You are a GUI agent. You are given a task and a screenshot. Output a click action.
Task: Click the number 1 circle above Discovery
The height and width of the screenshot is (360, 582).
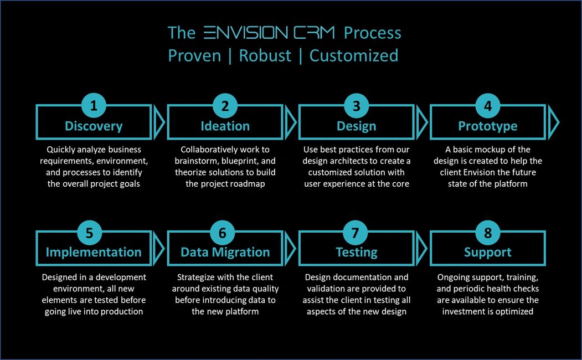[94, 105]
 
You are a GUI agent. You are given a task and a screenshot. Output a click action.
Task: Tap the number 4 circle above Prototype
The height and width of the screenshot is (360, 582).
[488, 106]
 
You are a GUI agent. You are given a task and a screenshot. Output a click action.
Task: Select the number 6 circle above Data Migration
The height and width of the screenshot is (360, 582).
[222, 233]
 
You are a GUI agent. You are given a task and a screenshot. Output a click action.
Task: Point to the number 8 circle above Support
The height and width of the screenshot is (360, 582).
[488, 233]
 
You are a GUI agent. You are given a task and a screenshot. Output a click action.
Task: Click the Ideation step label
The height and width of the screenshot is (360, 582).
[225, 126]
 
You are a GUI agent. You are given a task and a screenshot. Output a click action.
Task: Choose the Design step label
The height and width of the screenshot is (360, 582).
[356, 126]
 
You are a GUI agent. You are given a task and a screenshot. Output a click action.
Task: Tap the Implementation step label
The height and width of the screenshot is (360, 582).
[94, 253]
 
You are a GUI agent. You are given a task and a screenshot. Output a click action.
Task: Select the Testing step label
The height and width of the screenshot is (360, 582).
[356, 253]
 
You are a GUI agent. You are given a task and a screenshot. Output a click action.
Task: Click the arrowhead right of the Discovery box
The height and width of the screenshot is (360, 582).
[159, 122]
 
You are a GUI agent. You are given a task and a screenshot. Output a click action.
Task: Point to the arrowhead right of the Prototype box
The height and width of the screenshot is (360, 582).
[553, 122]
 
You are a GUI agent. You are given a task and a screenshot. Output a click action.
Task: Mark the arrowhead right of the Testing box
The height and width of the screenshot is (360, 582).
[422, 248]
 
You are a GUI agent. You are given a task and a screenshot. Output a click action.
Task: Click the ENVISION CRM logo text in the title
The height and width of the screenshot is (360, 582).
[270, 33]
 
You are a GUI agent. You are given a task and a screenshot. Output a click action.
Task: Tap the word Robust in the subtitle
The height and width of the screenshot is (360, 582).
[265, 56]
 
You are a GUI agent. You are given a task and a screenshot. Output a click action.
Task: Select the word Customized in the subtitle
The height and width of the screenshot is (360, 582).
[354, 56]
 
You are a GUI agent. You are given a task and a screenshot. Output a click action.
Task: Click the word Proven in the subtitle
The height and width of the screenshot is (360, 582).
[194, 56]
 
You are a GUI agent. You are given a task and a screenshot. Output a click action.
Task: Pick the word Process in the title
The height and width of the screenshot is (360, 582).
[372, 33]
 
